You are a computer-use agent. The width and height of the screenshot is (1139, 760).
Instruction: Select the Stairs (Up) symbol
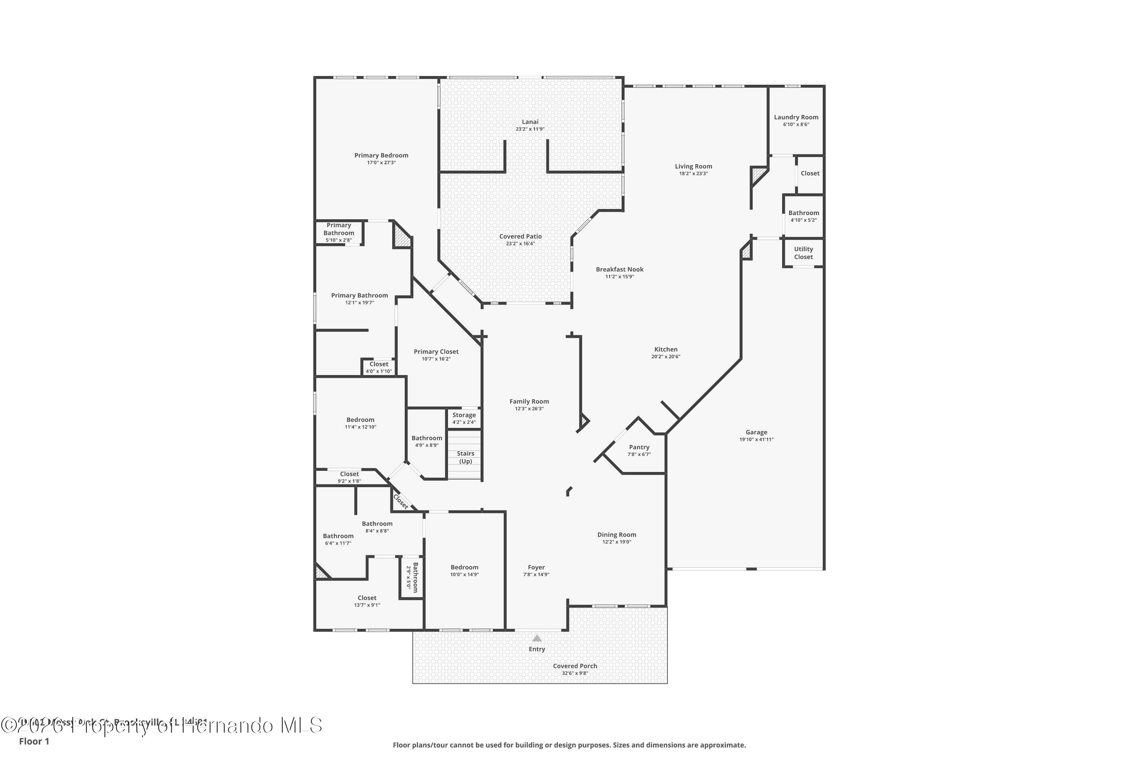[465, 457]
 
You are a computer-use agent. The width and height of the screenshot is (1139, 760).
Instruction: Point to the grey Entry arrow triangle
[536, 638]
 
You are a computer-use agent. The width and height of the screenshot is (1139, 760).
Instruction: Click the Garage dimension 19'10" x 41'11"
[756, 440]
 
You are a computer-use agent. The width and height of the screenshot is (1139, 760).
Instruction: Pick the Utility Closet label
[803, 253]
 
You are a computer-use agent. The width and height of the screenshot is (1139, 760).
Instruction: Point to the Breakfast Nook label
[619, 269]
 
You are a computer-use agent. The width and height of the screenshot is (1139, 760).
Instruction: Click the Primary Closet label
[436, 352]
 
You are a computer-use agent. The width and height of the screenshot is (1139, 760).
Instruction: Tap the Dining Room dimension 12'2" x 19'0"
[617, 542]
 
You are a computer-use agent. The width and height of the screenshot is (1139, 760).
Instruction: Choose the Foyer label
[536, 567]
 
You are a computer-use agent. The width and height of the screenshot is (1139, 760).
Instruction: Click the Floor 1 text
[34, 741]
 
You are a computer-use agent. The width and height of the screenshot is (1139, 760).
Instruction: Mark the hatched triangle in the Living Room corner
[757, 174]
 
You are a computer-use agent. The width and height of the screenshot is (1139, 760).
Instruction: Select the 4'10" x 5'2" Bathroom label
[803, 213]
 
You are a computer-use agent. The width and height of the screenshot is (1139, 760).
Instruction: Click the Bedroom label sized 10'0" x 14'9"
[464, 567]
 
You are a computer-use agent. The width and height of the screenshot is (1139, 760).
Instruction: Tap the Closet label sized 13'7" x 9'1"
[367, 598]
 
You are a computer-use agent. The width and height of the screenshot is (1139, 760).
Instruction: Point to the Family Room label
[529, 401]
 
